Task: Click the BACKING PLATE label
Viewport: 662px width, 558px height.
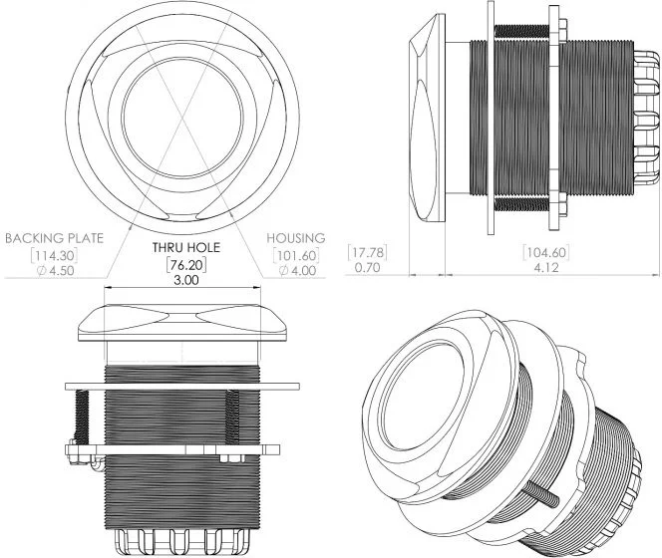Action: (x=54, y=238)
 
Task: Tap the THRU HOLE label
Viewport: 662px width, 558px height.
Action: (x=186, y=247)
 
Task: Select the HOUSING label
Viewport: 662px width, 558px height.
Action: (x=296, y=238)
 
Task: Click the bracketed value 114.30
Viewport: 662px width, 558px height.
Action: (x=55, y=255)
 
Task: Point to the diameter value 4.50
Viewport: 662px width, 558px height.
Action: (x=56, y=271)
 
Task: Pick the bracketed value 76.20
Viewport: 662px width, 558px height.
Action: (x=186, y=265)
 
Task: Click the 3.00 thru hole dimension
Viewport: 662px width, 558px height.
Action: (x=186, y=280)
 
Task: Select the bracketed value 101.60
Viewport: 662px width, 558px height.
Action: (x=296, y=255)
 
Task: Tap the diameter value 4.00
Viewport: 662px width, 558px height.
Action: (x=297, y=271)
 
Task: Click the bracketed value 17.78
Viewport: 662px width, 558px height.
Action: (x=367, y=252)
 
